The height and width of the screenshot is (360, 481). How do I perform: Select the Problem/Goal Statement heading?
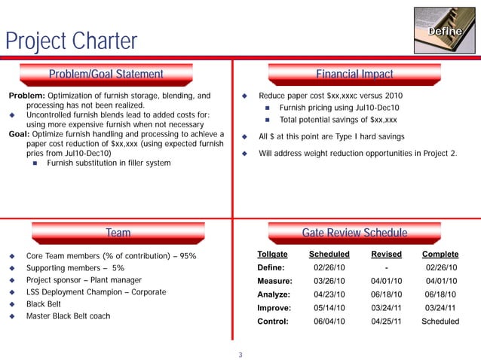click(x=106, y=74)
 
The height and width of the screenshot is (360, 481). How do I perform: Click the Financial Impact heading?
click(x=354, y=74)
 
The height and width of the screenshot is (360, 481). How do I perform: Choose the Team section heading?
click(x=118, y=233)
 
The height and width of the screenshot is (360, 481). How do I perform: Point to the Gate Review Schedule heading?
click(x=354, y=233)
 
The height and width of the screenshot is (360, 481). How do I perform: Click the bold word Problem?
click(x=26, y=96)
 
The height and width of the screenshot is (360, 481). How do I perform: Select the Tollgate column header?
click(x=272, y=255)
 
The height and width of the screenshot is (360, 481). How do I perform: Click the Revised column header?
click(x=386, y=255)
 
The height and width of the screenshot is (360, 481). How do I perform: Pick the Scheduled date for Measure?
click(x=329, y=280)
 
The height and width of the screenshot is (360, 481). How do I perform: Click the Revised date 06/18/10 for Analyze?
click(x=386, y=294)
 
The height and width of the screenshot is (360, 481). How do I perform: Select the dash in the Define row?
click(x=386, y=267)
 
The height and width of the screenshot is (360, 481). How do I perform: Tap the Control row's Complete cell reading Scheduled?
click(x=440, y=321)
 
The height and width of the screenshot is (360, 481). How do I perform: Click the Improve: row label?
click(x=275, y=307)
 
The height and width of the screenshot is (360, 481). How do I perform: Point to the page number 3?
click(x=240, y=355)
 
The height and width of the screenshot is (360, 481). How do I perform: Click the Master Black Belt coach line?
click(x=68, y=316)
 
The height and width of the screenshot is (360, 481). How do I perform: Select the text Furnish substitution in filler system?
click(x=109, y=163)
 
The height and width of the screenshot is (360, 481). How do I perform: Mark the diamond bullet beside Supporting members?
click(x=11, y=268)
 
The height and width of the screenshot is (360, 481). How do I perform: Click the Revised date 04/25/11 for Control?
click(x=386, y=321)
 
